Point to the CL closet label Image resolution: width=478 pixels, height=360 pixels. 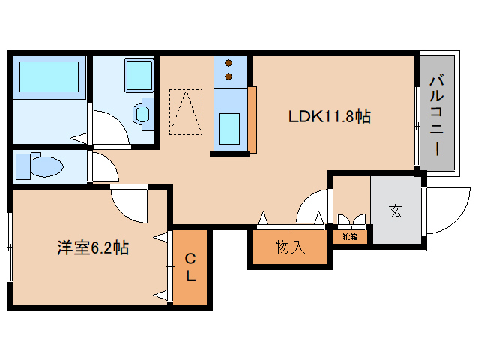point(190,268)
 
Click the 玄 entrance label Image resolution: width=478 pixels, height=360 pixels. point(395,211)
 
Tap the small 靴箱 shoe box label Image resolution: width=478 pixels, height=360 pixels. point(350,236)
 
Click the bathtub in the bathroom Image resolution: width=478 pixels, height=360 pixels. point(48,77)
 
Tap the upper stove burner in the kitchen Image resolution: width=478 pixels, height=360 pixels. point(229,64)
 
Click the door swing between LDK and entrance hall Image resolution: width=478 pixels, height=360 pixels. point(315,206)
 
